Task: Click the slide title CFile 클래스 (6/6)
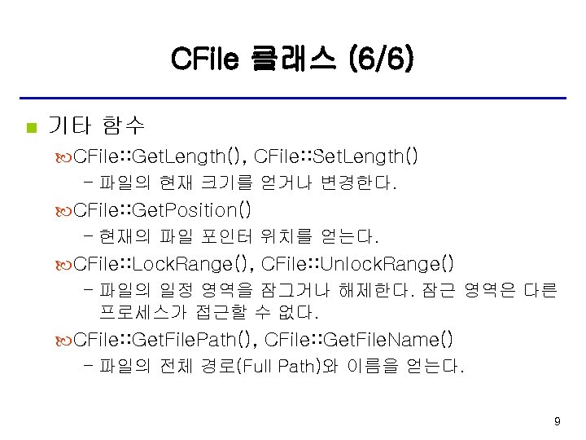(x=292, y=58)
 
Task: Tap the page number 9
(x=557, y=421)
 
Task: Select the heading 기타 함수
(x=96, y=126)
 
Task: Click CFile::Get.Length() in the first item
(x=160, y=155)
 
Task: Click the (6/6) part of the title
(x=380, y=58)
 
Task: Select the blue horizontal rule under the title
(x=292, y=99)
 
